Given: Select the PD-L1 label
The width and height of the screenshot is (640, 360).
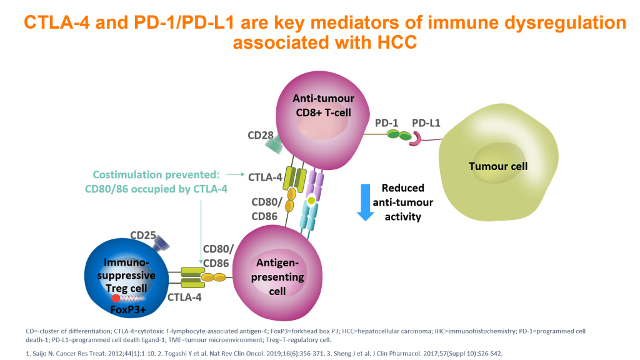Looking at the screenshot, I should pyautogui.click(x=426, y=123).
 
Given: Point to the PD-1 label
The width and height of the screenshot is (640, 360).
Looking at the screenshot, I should pyautogui.click(x=386, y=123).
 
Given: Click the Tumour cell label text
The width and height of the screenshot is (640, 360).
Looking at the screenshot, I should pyautogui.click(x=498, y=166).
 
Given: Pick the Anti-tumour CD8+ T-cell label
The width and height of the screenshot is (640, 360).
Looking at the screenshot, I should pyautogui.click(x=323, y=104).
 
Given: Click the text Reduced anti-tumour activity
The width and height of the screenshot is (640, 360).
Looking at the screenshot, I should pyautogui.click(x=402, y=202).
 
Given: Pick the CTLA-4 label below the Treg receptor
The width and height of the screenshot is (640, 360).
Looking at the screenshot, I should pyautogui.click(x=184, y=297).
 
